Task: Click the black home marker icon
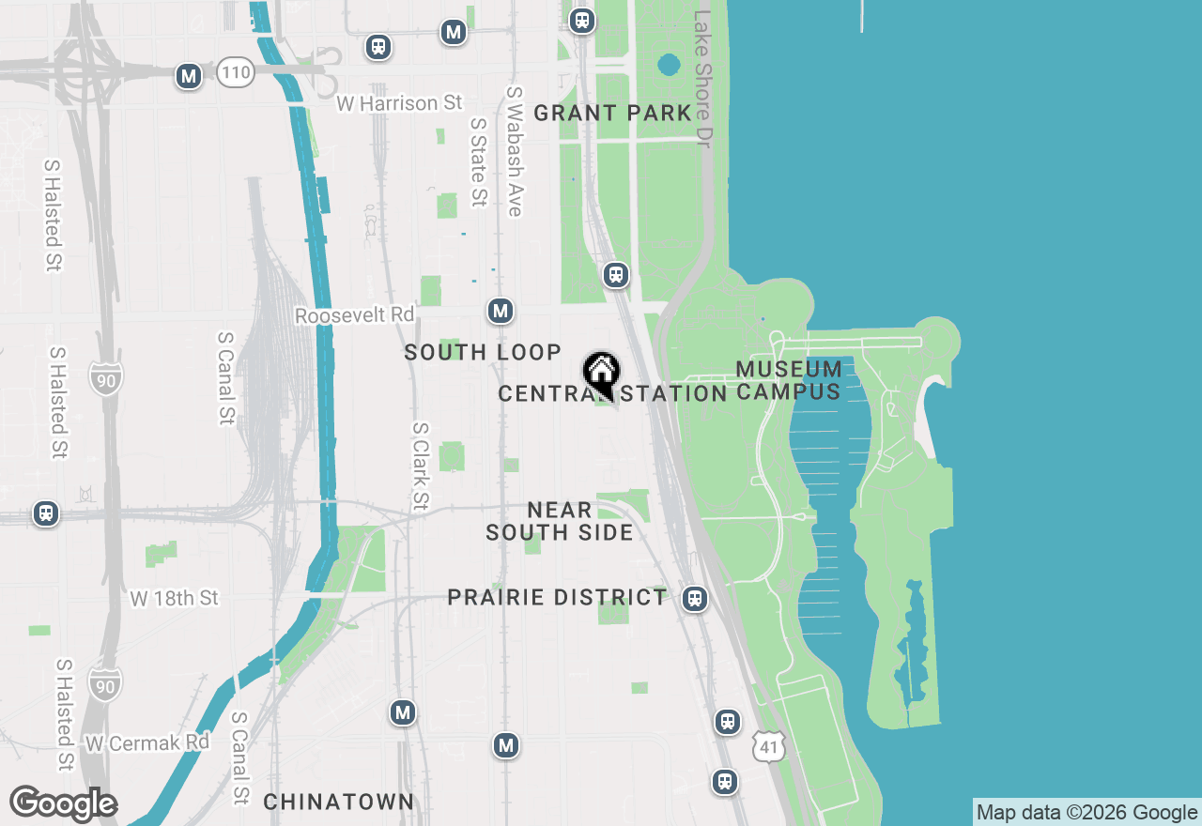point(601,372)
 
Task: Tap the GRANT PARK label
point(612,114)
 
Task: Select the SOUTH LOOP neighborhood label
point(483,353)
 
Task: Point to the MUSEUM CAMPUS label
point(789,380)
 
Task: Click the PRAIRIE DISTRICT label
point(557,598)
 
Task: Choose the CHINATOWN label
point(338,802)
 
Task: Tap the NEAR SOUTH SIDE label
point(559,522)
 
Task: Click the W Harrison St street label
point(387,102)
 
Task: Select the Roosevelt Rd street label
point(354,315)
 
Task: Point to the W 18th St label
point(175,598)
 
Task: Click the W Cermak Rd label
point(147,743)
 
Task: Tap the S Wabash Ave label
point(514,152)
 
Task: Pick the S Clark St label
point(420,467)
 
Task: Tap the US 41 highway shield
point(767,747)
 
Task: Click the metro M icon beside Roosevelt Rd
point(501,311)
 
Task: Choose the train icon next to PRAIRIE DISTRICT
point(695,599)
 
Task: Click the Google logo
point(63,804)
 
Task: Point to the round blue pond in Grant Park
point(669,65)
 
